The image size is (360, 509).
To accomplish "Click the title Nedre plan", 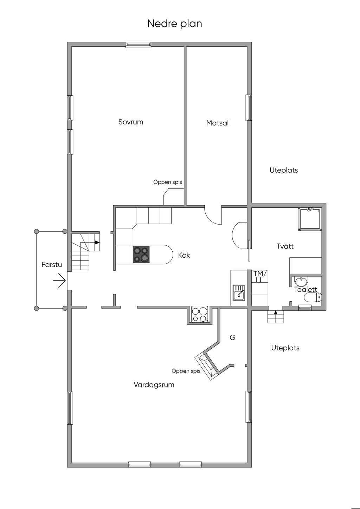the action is [174, 24].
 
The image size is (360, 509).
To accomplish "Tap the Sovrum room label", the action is [131, 122].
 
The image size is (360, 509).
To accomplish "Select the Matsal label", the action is [217, 123].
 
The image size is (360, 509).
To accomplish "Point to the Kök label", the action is [184, 255].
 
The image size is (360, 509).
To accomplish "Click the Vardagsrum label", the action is [154, 385].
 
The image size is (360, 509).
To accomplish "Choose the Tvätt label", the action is [285, 246].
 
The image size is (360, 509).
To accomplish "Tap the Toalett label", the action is [306, 289].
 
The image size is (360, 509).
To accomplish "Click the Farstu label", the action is [52, 264].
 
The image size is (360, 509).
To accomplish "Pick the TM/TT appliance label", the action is [258, 276].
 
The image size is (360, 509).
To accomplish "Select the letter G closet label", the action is [232, 337].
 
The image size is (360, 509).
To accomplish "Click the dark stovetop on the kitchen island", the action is [141, 254].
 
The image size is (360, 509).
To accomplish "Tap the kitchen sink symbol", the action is [239, 292].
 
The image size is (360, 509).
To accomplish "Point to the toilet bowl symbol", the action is [313, 297].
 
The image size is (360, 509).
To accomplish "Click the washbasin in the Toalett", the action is [301, 282].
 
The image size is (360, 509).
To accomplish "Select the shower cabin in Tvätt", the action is [310, 219].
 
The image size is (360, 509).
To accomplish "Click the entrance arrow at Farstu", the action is [59, 281].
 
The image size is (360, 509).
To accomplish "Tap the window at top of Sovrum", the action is [139, 45].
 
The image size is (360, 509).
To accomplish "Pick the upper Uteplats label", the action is [284, 170].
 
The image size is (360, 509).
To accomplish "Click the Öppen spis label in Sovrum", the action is [168, 182].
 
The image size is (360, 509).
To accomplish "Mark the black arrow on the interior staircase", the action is [97, 243].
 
